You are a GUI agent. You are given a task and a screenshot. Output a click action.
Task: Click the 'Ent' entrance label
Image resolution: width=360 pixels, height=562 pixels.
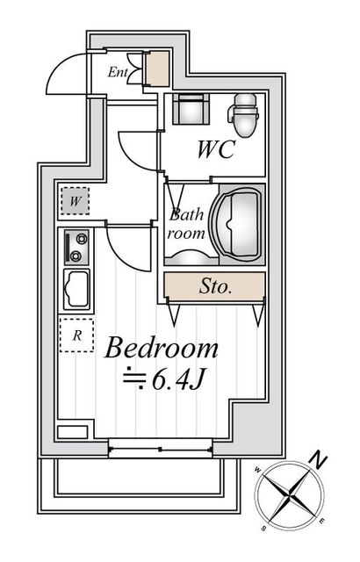pyautogui.click(x=118, y=72)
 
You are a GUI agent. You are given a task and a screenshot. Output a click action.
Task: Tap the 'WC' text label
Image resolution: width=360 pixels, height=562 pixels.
pyautogui.click(x=213, y=150)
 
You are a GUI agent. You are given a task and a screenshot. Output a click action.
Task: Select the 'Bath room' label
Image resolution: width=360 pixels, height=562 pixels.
pyautogui.click(x=187, y=225)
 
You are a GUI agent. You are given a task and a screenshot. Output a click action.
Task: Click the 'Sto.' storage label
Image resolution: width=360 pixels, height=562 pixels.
pyautogui.click(x=214, y=285)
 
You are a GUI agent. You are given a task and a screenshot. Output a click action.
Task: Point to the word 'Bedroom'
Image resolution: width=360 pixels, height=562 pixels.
pyautogui.click(x=162, y=349)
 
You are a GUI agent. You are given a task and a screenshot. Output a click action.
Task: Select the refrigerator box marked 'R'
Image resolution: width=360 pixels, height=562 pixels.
pyautogui.click(x=76, y=335)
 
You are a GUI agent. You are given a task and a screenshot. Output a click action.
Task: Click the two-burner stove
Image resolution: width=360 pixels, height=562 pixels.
pyautogui.click(x=75, y=247)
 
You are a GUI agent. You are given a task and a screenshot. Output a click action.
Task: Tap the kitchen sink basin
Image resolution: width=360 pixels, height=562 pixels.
pyautogui.click(x=76, y=288)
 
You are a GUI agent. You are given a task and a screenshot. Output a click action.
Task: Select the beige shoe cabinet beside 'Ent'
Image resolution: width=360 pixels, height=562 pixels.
pyautogui.click(x=158, y=68)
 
